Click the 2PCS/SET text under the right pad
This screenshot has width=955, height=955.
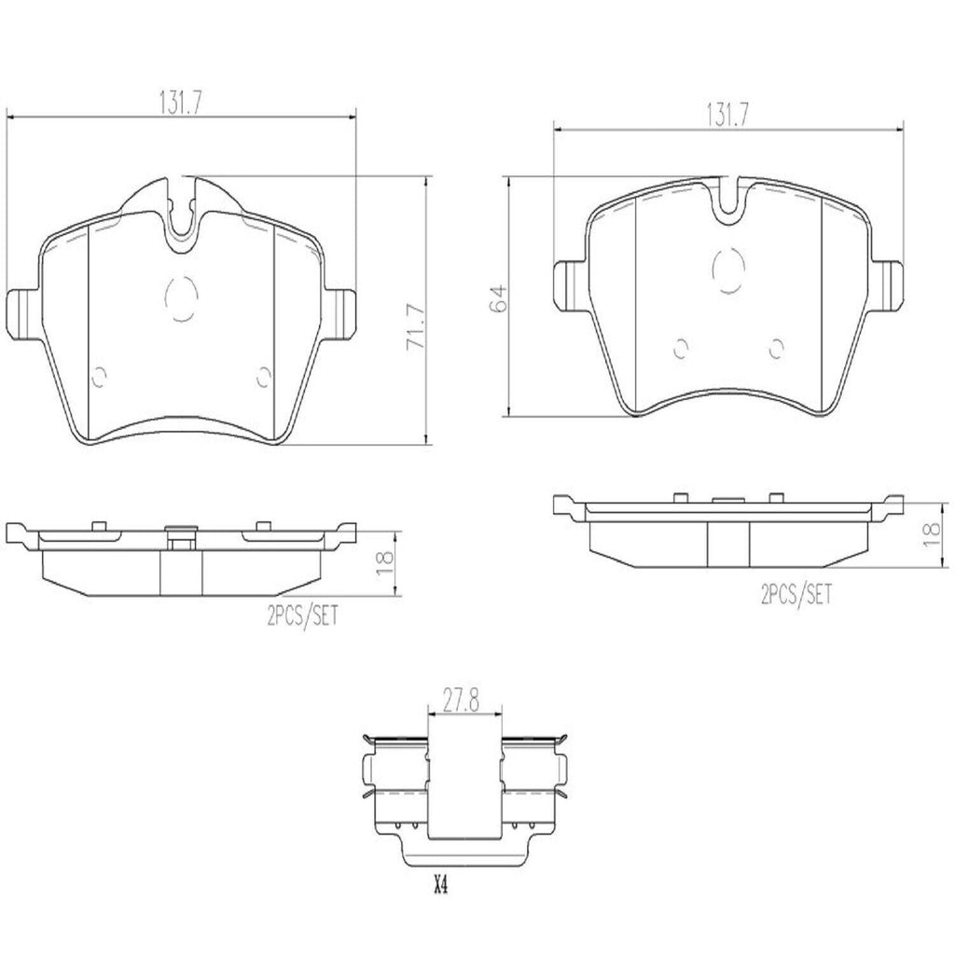tap(795, 594)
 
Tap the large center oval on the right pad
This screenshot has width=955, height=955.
tap(728, 271)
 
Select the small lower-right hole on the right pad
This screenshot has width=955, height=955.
tap(774, 348)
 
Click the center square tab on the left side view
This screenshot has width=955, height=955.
tap(179, 537)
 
